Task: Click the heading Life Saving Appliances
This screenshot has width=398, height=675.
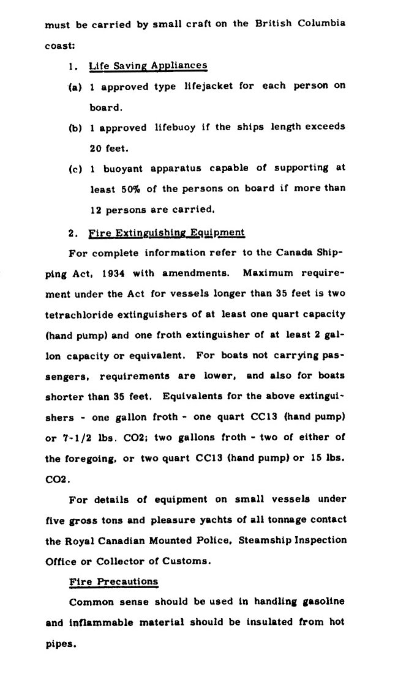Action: point(148,65)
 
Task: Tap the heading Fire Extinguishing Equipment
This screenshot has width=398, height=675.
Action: point(167,232)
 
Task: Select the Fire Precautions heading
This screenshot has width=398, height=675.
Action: point(114,581)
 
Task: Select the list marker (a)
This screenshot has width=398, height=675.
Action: point(76,87)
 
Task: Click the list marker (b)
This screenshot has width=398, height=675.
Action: point(76,128)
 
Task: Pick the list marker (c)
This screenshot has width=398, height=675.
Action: point(76,169)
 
